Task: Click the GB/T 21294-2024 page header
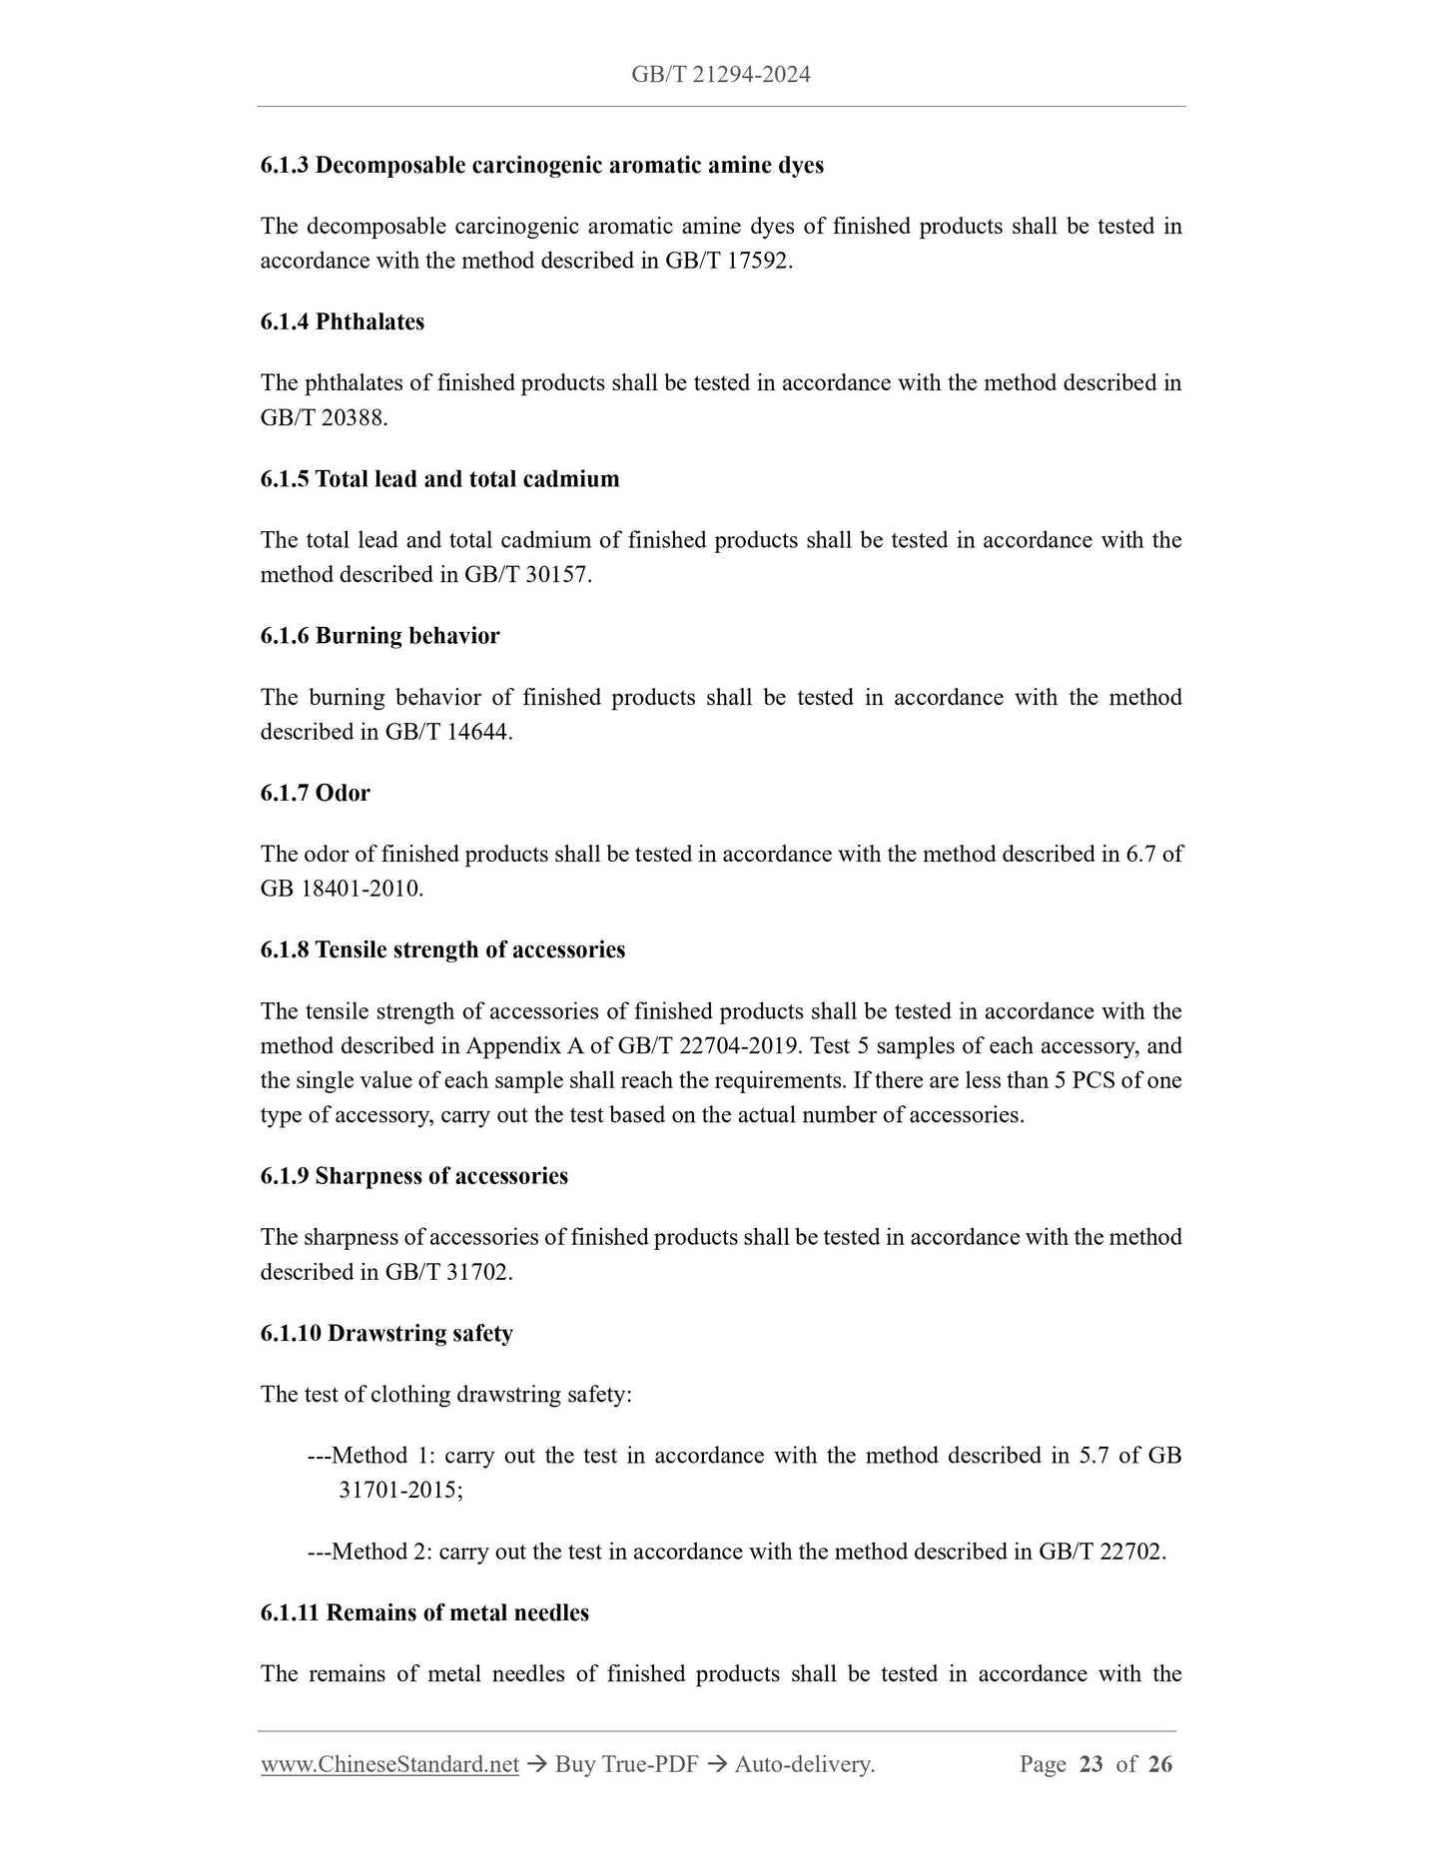[720, 75]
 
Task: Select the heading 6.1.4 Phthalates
[342, 321]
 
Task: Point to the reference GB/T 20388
[323, 417]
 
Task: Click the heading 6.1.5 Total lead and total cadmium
[439, 479]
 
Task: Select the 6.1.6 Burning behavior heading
[379, 636]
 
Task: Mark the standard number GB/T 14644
[447, 732]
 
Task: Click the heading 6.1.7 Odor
[315, 793]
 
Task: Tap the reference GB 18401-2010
[341, 889]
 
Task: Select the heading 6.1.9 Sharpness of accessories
[413, 1176]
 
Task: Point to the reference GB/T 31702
[447, 1272]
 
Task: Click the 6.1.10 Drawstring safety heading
[386, 1333]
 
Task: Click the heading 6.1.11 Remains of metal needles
[424, 1612]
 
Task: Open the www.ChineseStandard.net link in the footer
[389, 1764]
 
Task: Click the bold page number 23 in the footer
[1090, 1764]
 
